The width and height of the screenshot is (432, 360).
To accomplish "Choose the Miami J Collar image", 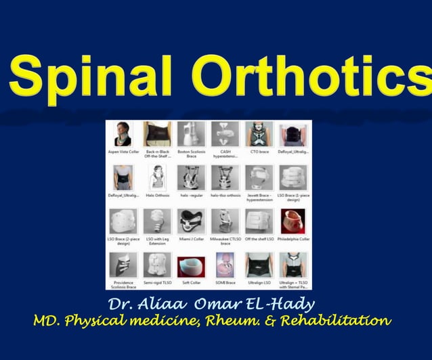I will pyautogui.click(x=191, y=221).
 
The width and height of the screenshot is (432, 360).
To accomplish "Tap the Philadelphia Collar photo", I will pyautogui.click(x=293, y=221).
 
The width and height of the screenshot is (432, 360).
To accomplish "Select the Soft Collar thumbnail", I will pyautogui.click(x=191, y=265).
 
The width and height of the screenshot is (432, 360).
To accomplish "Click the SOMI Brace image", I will pyautogui.click(x=225, y=265).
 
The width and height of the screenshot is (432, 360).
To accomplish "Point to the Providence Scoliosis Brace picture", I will pyautogui.click(x=123, y=265).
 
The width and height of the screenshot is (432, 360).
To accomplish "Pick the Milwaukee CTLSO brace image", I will pyautogui.click(x=225, y=221).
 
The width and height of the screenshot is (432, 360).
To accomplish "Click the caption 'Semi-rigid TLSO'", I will pyautogui.click(x=157, y=282).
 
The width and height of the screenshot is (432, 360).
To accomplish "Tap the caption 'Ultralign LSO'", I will pyautogui.click(x=259, y=282).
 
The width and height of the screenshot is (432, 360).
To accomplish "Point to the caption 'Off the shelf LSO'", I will pyautogui.click(x=259, y=238).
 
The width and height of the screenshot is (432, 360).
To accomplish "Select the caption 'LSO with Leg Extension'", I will pyautogui.click(x=157, y=241).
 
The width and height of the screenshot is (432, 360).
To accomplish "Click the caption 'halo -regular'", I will pyautogui.click(x=191, y=195).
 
